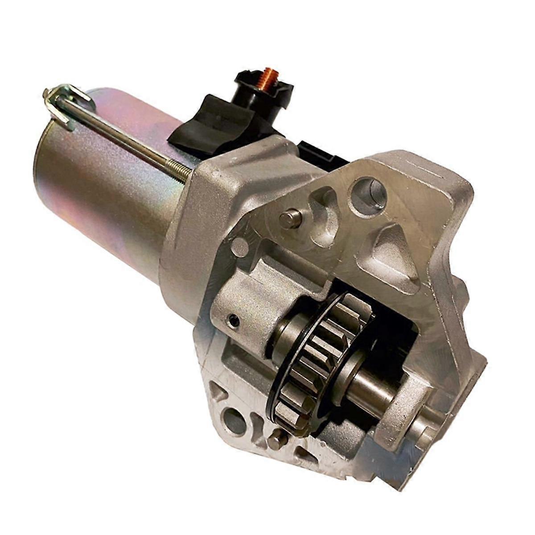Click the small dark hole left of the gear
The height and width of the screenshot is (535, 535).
(234, 320)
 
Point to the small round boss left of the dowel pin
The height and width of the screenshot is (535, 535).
(240, 247)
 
